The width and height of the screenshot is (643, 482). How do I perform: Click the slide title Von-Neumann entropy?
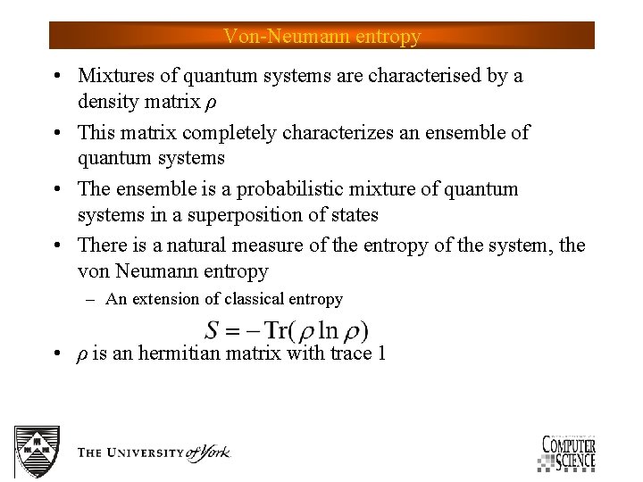click(321, 37)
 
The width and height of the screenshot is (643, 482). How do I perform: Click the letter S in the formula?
click(213, 330)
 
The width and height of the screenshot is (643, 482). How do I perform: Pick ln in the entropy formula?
click(328, 330)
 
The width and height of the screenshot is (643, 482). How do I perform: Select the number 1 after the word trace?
click(381, 353)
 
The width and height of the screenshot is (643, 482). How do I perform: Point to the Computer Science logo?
click(567, 451)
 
